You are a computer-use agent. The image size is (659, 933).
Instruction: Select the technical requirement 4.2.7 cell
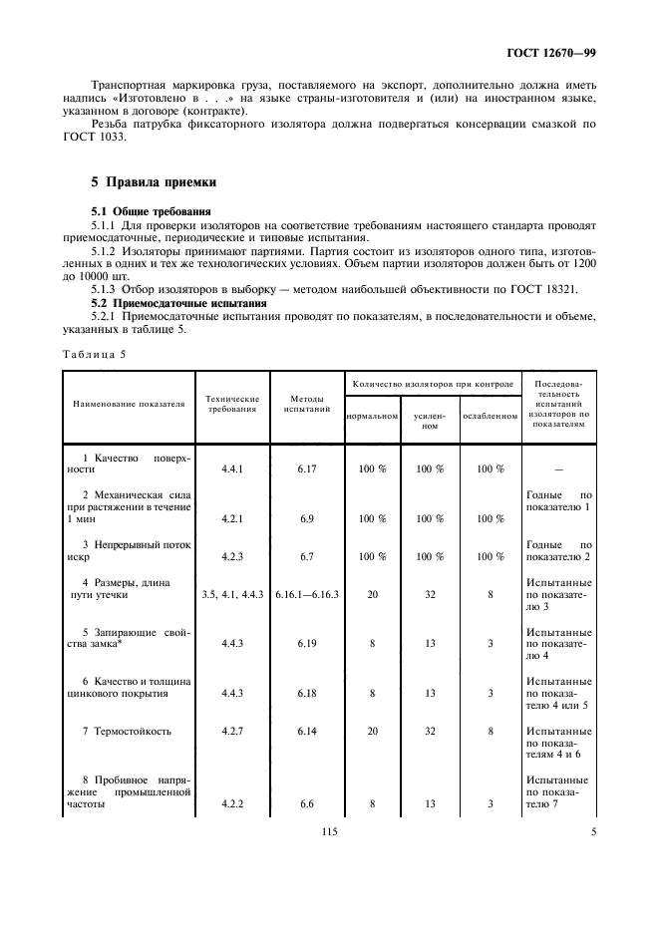point(231,731)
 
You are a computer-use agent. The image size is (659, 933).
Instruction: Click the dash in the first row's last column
point(556,468)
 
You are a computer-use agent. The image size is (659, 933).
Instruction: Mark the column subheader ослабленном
point(490,416)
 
